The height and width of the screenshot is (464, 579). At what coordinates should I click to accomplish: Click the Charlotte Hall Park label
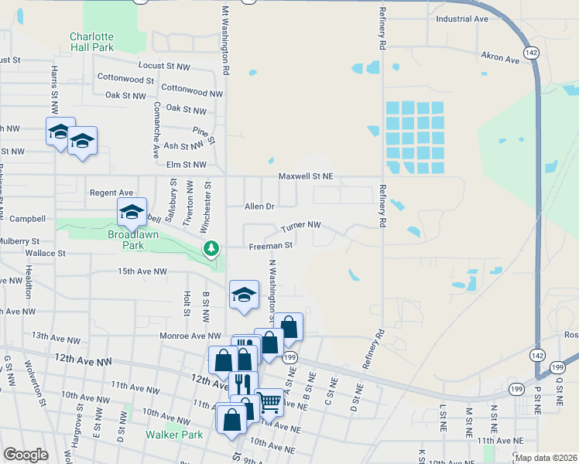[x=91, y=42]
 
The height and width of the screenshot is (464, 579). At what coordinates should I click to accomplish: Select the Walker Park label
[x=174, y=435]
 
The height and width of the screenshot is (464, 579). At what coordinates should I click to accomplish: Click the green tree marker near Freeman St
[x=210, y=248]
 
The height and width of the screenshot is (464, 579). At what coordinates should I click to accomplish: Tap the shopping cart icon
[x=269, y=401]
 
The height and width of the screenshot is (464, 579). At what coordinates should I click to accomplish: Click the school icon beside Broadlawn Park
[x=132, y=212]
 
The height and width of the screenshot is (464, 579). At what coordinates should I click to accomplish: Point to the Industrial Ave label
[x=462, y=19]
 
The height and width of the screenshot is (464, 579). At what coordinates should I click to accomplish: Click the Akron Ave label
[x=500, y=58]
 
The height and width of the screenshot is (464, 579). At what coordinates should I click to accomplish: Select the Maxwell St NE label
[x=306, y=176]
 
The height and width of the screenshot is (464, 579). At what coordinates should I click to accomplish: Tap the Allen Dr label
[x=259, y=206]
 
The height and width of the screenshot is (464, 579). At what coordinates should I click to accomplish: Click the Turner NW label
[x=300, y=226]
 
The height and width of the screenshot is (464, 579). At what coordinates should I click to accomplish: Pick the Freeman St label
[x=269, y=246]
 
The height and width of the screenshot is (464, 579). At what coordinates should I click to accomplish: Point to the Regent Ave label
[x=112, y=193]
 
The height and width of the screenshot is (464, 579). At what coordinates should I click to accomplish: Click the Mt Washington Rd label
[x=225, y=40]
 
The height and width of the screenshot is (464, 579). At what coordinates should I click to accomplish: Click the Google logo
[x=26, y=455]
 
